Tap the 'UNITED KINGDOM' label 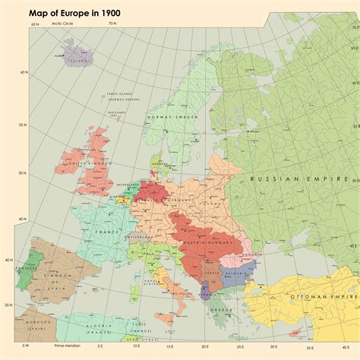[86, 163]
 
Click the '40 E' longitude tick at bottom [334, 346]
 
